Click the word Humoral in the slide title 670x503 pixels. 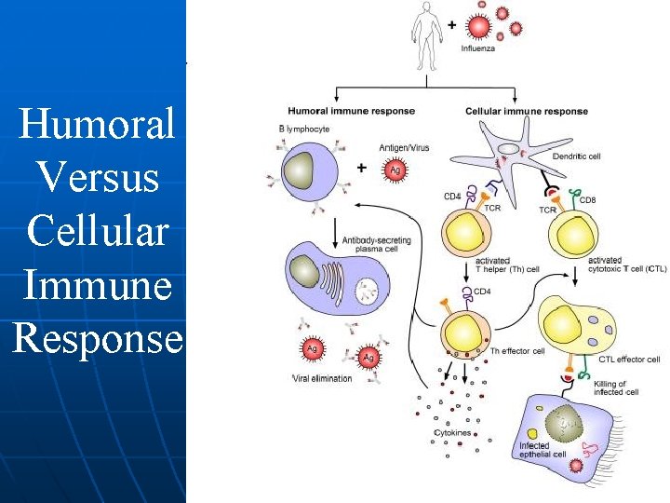tap(96, 124)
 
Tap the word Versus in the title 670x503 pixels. tap(95, 178)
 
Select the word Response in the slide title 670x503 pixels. tap(97, 339)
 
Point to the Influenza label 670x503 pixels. tap(478, 48)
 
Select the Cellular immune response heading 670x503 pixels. tap(527, 111)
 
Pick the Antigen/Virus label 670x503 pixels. tap(404, 147)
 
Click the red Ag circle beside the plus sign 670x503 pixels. tap(395, 170)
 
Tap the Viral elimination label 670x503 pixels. tap(322, 378)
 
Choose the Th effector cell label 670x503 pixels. tap(517, 350)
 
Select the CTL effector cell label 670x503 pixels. tap(629, 360)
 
